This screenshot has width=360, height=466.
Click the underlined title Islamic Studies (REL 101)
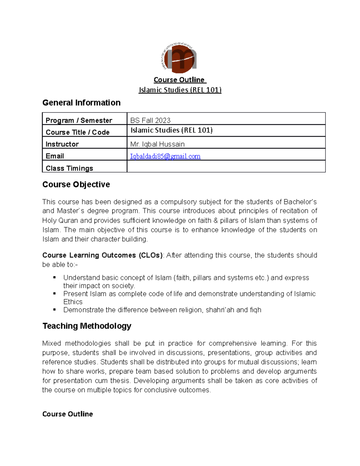point(180,90)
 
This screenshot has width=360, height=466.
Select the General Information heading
point(81,103)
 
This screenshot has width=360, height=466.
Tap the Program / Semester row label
point(79,120)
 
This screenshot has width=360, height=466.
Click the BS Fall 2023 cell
point(150,120)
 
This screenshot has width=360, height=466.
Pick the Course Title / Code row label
point(77,132)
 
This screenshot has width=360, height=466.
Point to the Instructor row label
point(62,144)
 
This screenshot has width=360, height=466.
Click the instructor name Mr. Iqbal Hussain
point(157,144)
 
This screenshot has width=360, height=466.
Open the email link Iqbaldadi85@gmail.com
point(165,156)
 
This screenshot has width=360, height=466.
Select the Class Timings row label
point(69,168)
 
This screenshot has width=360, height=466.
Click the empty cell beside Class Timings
point(226,167)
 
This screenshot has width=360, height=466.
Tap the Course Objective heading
point(76,184)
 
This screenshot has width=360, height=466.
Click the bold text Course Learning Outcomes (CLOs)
point(103,255)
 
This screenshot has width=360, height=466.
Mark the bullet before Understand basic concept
point(55,278)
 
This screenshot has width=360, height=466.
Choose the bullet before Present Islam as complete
point(55,293)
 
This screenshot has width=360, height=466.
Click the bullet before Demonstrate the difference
point(55,310)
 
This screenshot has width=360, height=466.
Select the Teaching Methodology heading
point(87,326)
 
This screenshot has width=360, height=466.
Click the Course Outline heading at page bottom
point(67,414)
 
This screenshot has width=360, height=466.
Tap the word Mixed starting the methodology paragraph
point(52,343)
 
